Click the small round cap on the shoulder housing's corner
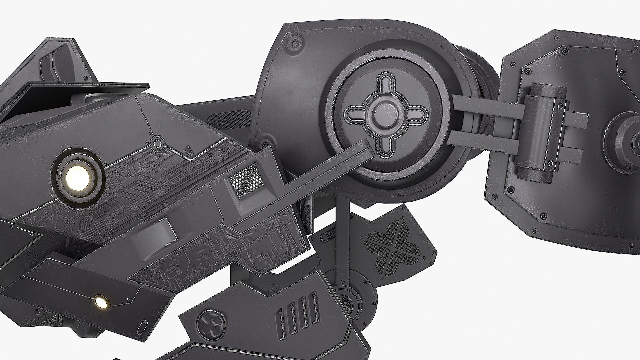(x=294, y=43)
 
